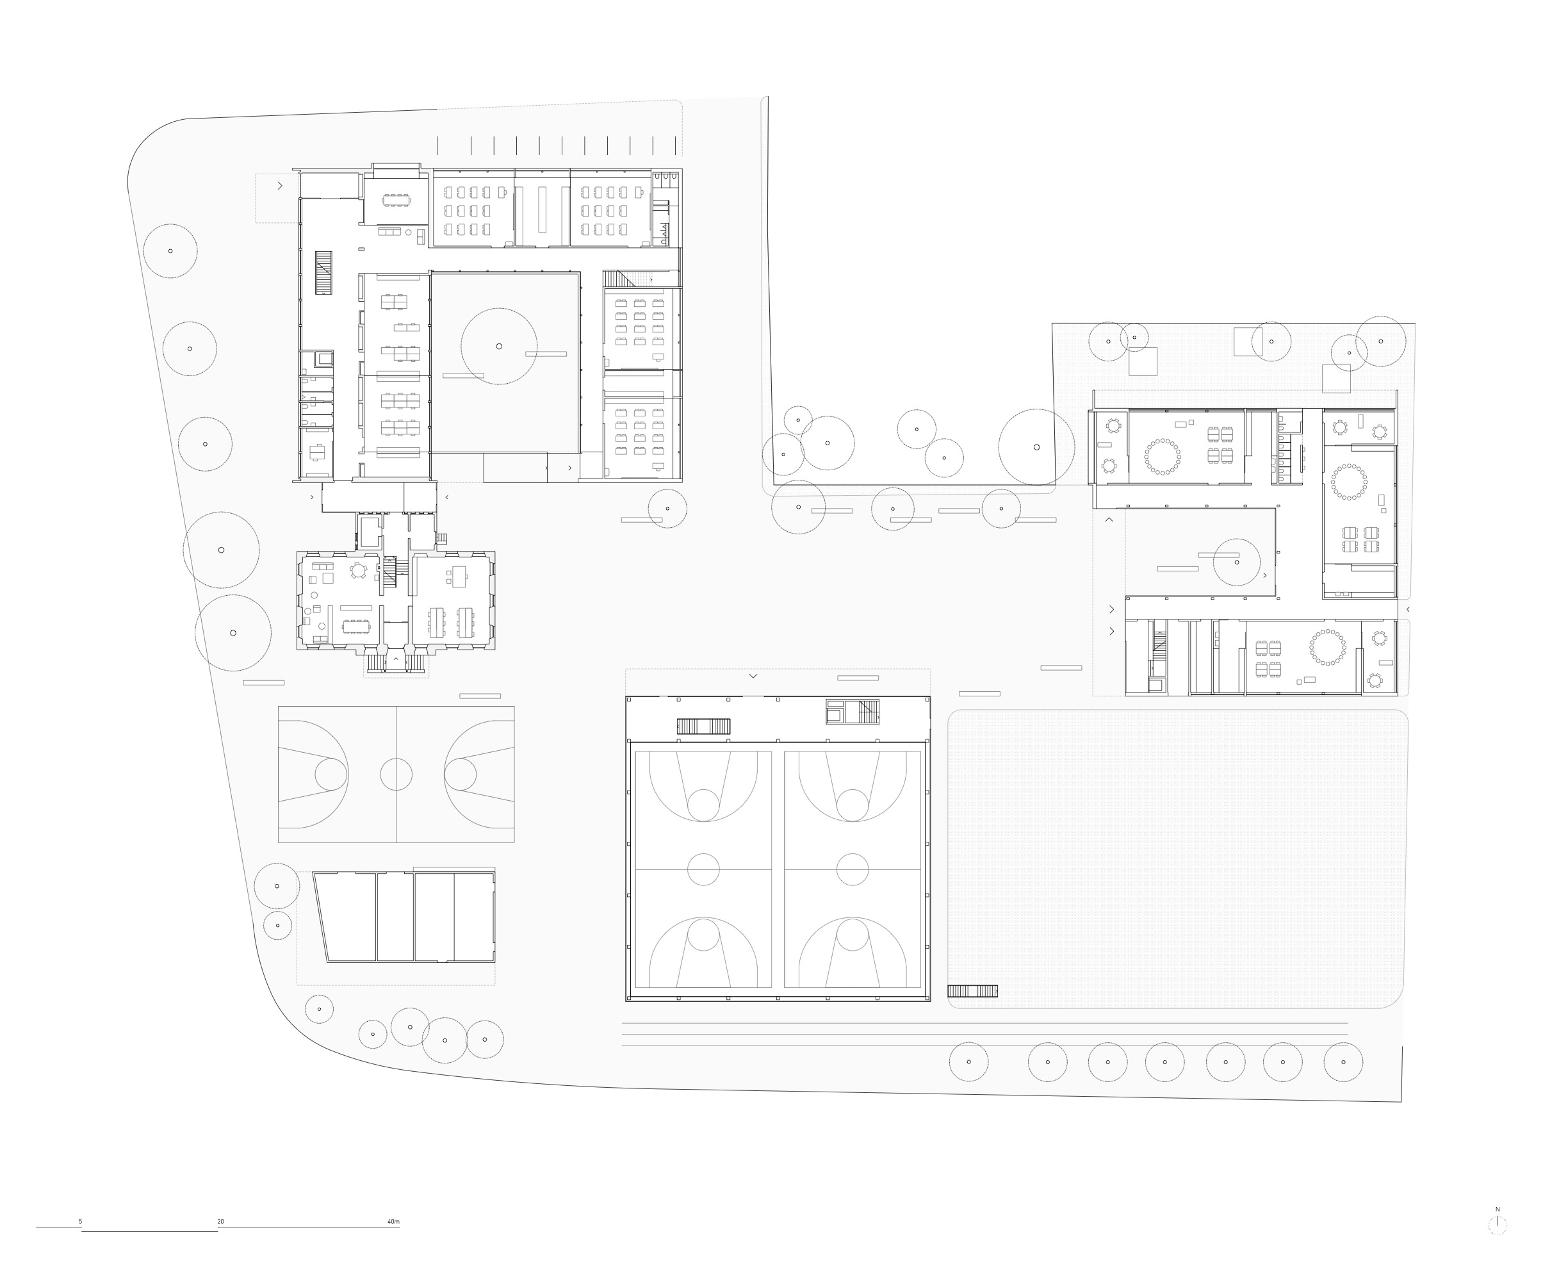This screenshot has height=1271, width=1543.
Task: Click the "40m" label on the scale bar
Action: coord(393,1221)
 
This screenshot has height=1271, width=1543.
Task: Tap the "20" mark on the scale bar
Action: coord(220,1221)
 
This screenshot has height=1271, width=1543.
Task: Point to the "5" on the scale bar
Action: coord(81,1221)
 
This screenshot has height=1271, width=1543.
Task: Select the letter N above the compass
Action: coord(1498,1209)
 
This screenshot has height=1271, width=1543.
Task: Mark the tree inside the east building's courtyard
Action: coord(1237,562)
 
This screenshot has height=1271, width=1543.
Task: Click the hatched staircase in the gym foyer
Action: coord(703,726)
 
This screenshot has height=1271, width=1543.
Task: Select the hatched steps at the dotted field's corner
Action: coord(972,990)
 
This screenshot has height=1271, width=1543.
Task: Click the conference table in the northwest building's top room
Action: coord(396,200)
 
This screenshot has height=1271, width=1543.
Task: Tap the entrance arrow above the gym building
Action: coord(753,676)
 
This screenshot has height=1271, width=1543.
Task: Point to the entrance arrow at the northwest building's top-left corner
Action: coord(280,186)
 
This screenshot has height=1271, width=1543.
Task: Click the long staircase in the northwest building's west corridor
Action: coord(323,272)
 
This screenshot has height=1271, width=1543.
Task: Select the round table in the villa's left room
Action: coord(358,570)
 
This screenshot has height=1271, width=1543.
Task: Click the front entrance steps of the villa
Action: coord(396,663)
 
